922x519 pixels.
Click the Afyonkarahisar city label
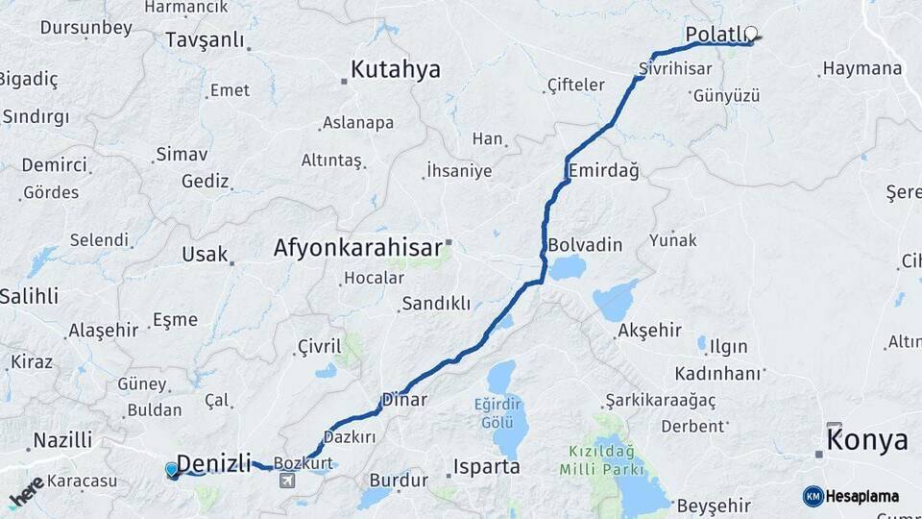point(357,247)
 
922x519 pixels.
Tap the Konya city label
point(867,441)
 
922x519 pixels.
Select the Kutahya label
point(395,69)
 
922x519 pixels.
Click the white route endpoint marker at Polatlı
point(751,33)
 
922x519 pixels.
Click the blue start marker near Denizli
point(172,469)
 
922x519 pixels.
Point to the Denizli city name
point(214,461)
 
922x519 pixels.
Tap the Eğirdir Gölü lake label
point(500,413)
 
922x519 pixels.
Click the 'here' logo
point(26,491)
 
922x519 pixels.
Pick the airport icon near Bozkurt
point(286,481)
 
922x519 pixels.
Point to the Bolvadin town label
point(585,244)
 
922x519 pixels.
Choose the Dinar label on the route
point(403,399)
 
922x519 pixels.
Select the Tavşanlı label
point(206,40)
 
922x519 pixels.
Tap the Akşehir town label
point(650,331)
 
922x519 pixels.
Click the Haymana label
point(861,69)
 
